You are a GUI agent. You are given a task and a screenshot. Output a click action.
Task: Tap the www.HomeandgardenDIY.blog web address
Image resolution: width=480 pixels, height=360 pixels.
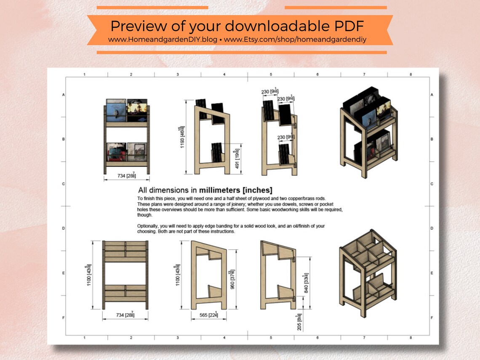[x=163, y=39]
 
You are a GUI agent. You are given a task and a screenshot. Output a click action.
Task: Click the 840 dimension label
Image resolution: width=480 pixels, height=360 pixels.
[x=307, y=283]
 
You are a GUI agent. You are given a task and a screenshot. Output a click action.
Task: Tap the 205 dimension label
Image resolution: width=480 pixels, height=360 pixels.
[x=299, y=321]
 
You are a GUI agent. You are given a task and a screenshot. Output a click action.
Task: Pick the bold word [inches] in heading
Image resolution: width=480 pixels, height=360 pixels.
[x=261, y=190]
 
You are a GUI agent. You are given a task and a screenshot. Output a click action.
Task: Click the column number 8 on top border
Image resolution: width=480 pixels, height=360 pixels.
[x=410, y=75]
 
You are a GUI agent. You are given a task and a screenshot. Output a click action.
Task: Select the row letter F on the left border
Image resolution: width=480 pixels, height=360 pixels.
[x=64, y=317]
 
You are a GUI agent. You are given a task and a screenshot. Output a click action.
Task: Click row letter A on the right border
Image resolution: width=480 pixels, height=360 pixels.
[x=432, y=95]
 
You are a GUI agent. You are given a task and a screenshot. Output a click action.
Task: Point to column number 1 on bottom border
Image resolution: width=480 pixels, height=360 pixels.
[x=85, y=338]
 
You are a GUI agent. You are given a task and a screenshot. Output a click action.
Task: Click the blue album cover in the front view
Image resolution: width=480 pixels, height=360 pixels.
[x=116, y=112]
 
